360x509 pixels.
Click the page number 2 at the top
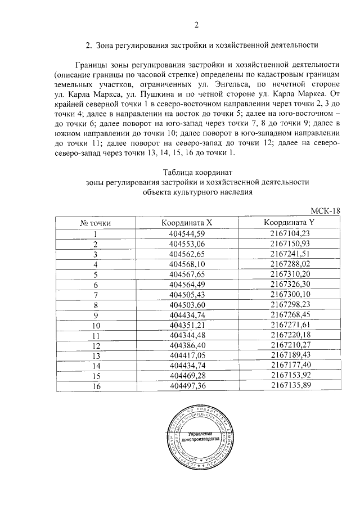[x=196, y=24]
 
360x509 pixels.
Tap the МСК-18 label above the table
[x=326, y=210]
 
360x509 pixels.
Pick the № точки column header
[x=96, y=223]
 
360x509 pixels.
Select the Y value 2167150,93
[x=290, y=244]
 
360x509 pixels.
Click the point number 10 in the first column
[x=96, y=325]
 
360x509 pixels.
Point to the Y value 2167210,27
[x=290, y=345]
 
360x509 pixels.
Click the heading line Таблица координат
[x=196, y=172]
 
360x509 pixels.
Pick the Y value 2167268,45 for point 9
[x=290, y=314]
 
